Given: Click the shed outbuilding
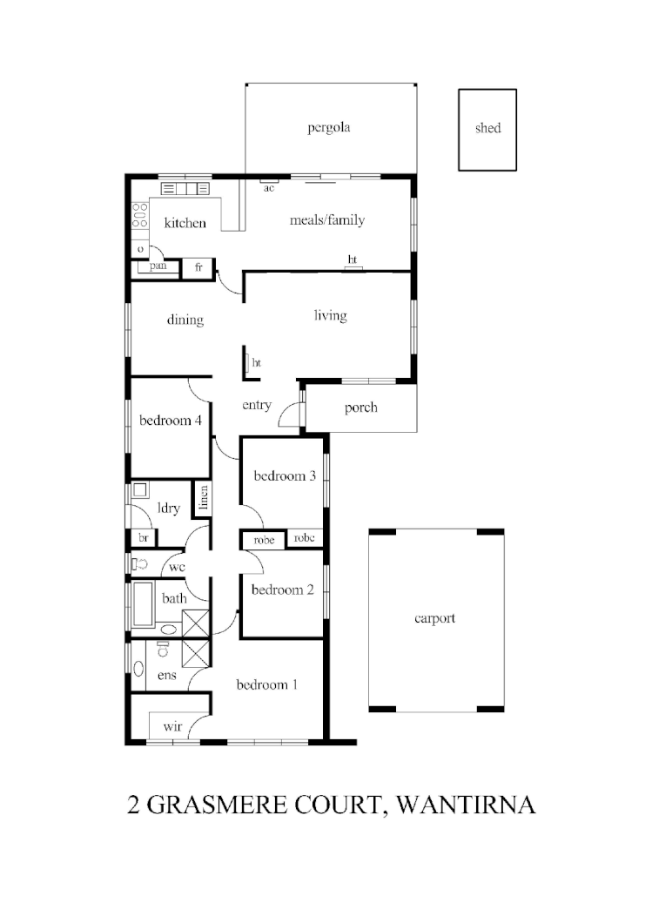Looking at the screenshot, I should pyautogui.click(x=487, y=129).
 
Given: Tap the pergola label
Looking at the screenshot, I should pyautogui.click(x=328, y=129).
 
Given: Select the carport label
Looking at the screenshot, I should pyautogui.click(x=434, y=619).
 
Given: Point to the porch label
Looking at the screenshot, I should pyautogui.click(x=360, y=408).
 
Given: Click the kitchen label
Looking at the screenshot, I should pyautogui.click(x=185, y=224).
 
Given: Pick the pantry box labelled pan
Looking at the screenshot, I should pyautogui.click(x=158, y=266).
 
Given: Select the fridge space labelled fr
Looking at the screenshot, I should pyautogui.click(x=198, y=267).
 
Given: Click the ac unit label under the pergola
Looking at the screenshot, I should pyautogui.click(x=269, y=187).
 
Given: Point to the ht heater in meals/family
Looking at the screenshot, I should pyautogui.click(x=353, y=261).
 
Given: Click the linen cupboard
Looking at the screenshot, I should pyautogui.click(x=203, y=499).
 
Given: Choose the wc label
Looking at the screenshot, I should pyautogui.click(x=178, y=567).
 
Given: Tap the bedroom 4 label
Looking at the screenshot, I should pyautogui.click(x=171, y=421).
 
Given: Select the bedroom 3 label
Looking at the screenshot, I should pyautogui.click(x=285, y=476).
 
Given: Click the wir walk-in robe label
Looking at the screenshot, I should pyautogui.click(x=171, y=724).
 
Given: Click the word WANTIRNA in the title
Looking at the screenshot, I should pyautogui.click(x=465, y=804).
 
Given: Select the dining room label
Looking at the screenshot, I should pyautogui.click(x=185, y=320).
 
